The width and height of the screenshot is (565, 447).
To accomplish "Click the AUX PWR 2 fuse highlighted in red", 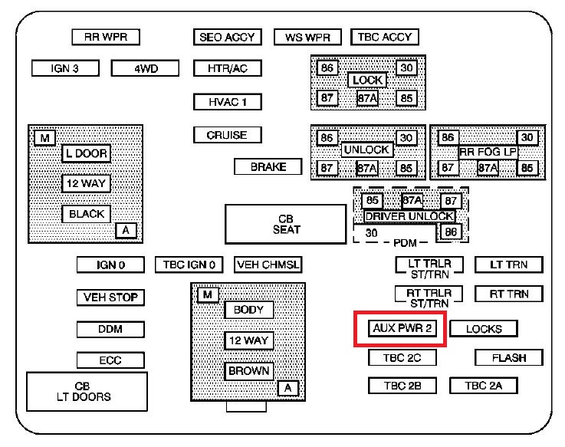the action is coord(402,328).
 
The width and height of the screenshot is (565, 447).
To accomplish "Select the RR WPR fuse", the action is coord(106,37).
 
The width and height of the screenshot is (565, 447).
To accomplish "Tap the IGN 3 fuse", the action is coord(65,68).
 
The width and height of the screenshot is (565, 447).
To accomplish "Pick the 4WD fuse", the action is coord(145,68).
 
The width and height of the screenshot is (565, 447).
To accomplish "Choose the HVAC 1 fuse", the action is coord(228,102).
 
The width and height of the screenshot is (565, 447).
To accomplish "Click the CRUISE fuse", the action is coord(228,135).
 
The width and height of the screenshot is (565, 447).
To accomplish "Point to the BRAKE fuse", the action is coord(268,166).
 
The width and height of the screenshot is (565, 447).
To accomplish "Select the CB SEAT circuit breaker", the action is coord(286,224).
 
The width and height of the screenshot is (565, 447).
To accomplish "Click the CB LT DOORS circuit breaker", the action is coord(87,392).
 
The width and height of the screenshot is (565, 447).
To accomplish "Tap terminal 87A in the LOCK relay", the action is coord(367,98).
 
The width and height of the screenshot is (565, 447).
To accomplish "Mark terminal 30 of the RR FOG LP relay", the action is coord(527,137).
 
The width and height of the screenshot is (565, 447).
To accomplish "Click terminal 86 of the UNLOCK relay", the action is coord(327,138).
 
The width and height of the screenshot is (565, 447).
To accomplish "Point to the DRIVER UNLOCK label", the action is coord(409,216).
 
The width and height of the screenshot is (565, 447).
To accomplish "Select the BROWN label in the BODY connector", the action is coord(248,371).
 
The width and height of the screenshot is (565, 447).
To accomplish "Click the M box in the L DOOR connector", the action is coord(44,138).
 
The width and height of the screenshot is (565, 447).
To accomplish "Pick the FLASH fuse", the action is coord(509,357).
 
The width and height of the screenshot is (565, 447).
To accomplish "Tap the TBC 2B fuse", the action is coord(402,386).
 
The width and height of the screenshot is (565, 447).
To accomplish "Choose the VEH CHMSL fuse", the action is coord(268,265).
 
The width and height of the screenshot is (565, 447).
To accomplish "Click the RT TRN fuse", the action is coord(509,294).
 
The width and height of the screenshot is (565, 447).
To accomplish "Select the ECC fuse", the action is coord(110,360).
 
